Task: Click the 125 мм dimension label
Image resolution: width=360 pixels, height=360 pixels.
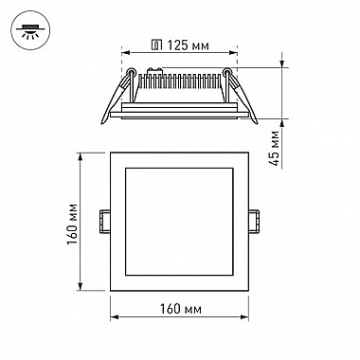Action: pyautogui.click(x=189, y=45)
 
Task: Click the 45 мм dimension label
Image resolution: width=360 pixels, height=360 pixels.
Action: pyautogui.click(x=275, y=148)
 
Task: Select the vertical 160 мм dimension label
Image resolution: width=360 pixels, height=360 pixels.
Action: pyautogui.click(x=72, y=224)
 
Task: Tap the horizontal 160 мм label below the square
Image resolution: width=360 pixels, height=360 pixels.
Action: pyautogui.click(x=180, y=309)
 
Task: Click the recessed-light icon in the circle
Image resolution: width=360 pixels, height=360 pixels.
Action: pyautogui.click(x=30, y=30)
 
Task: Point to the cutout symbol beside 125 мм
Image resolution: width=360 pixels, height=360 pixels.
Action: pyautogui.click(x=157, y=45)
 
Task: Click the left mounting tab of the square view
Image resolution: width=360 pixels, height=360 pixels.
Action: pyautogui.click(x=104, y=221)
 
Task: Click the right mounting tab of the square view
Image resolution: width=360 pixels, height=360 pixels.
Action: pyautogui.click(x=254, y=221)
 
